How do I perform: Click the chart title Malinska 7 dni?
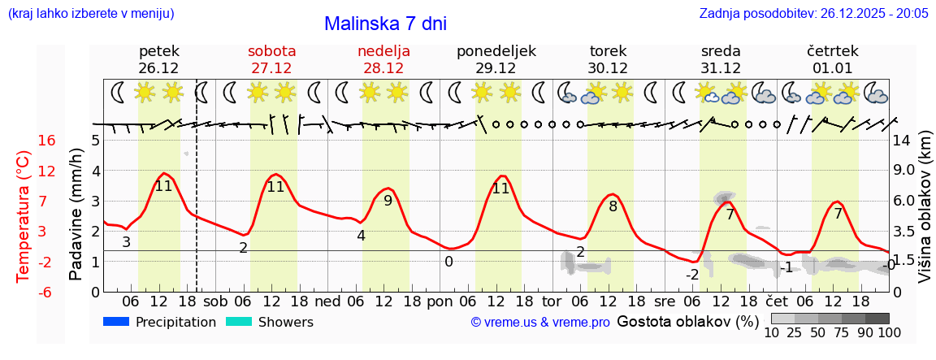click(x=385, y=24)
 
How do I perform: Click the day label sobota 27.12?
click(x=271, y=59)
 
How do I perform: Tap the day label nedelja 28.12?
click(x=383, y=59)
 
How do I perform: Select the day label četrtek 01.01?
click(x=833, y=59)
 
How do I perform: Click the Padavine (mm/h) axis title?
click(x=76, y=215)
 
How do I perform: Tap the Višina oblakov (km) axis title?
click(x=925, y=213)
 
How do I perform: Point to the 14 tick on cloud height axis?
click(x=902, y=141)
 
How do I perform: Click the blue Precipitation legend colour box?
click(x=117, y=322)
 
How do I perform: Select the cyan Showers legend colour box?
click(x=239, y=322)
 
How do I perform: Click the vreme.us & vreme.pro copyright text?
click(x=540, y=323)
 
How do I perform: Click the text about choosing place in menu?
click(x=91, y=13)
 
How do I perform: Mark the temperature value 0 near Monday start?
click(x=448, y=262)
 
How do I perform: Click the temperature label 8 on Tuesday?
click(x=613, y=206)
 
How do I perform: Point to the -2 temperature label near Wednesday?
click(x=692, y=275)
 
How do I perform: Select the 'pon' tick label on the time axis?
click(x=440, y=301)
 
